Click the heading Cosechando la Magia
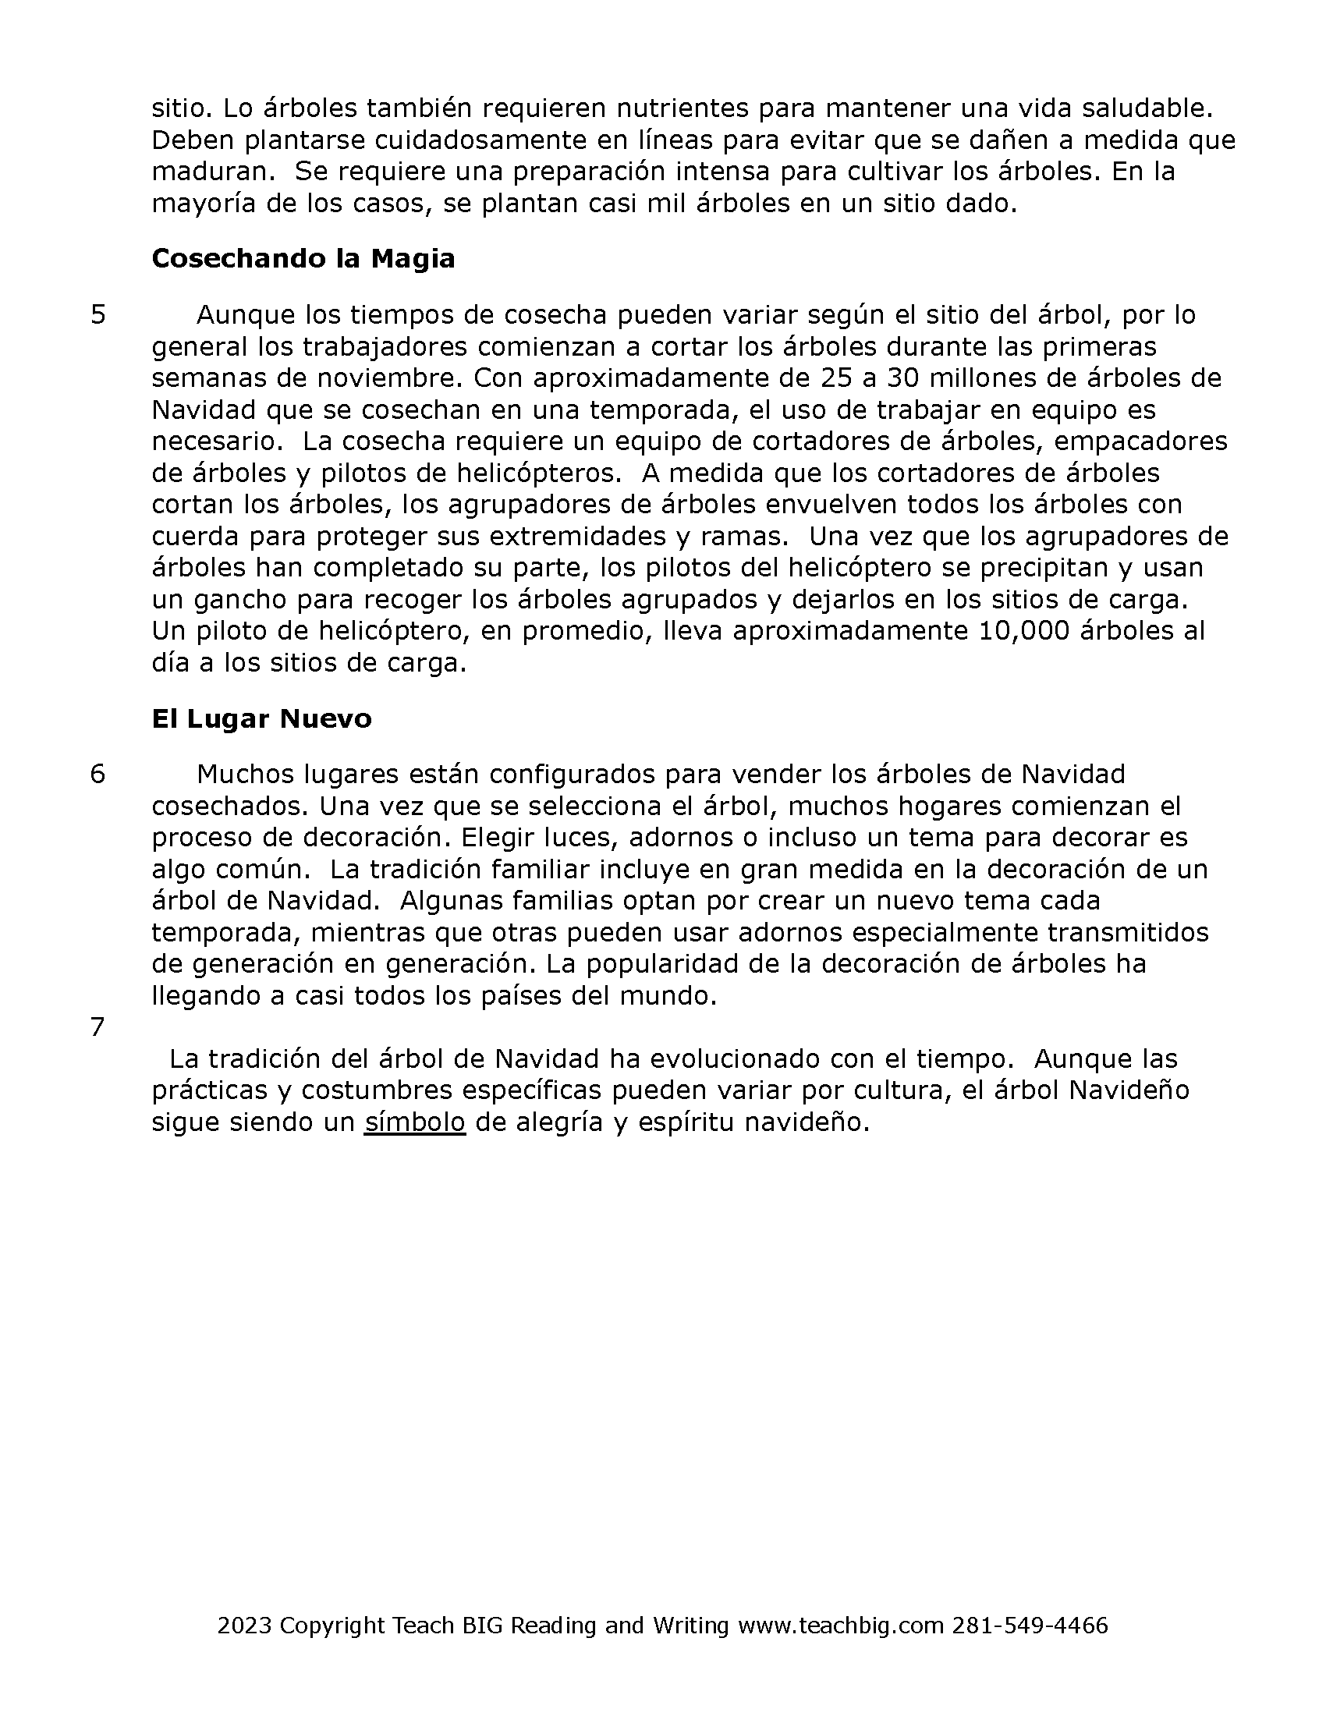pos(303,258)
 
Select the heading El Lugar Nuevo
pos(261,718)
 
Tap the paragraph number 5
pos(98,314)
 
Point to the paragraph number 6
pos(98,774)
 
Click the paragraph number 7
pos(98,1027)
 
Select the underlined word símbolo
pos(415,1122)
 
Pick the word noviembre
pos(390,378)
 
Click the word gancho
pos(236,600)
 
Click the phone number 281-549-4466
pos(1030,1626)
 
